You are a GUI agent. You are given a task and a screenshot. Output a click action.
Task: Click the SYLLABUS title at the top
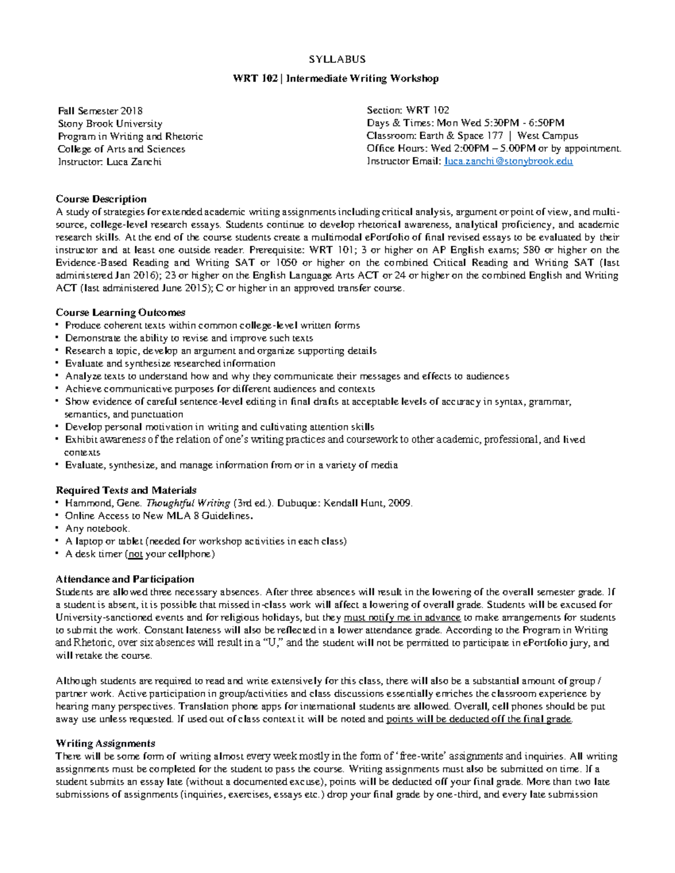337,59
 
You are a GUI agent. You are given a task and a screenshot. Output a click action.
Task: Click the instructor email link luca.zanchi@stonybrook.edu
508,161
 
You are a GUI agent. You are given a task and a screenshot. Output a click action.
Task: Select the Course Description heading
101,199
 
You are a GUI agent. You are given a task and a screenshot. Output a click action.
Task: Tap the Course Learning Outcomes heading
120,313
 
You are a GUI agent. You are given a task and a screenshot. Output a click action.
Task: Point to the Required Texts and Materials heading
126,490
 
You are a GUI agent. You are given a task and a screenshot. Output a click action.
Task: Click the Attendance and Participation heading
125,579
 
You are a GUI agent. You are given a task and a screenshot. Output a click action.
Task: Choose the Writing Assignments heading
105,743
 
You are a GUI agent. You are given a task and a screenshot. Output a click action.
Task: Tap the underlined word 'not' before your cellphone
135,554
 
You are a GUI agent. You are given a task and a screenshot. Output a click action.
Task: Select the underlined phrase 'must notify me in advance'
402,617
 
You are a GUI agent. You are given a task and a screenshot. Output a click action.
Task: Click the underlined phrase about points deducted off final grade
479,719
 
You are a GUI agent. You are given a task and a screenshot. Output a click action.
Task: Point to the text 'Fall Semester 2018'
100,111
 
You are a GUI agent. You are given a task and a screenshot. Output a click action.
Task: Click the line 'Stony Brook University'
110,124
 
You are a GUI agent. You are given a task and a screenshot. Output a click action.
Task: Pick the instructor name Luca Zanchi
134,162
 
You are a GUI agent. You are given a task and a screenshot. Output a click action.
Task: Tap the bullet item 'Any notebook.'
97,528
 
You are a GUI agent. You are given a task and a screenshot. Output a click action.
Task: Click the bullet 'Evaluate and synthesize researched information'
170,364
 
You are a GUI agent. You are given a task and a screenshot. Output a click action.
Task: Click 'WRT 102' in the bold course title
255,79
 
